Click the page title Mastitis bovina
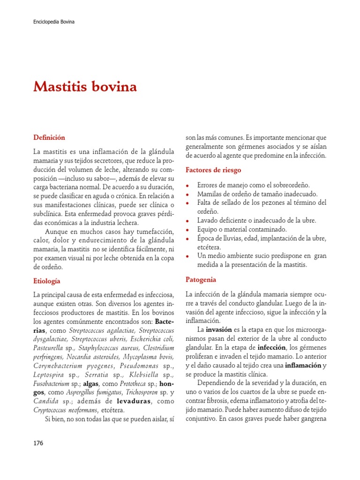pos(85,87)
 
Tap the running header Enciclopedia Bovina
pos(54,22)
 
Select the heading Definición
pos(49,137)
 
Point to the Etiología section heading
pos(47,281)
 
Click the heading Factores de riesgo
pos(213,170)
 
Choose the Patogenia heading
pos(201,279)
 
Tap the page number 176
pos(38,443)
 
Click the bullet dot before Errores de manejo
pos(188,186)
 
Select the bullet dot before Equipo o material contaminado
pos(188,230)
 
